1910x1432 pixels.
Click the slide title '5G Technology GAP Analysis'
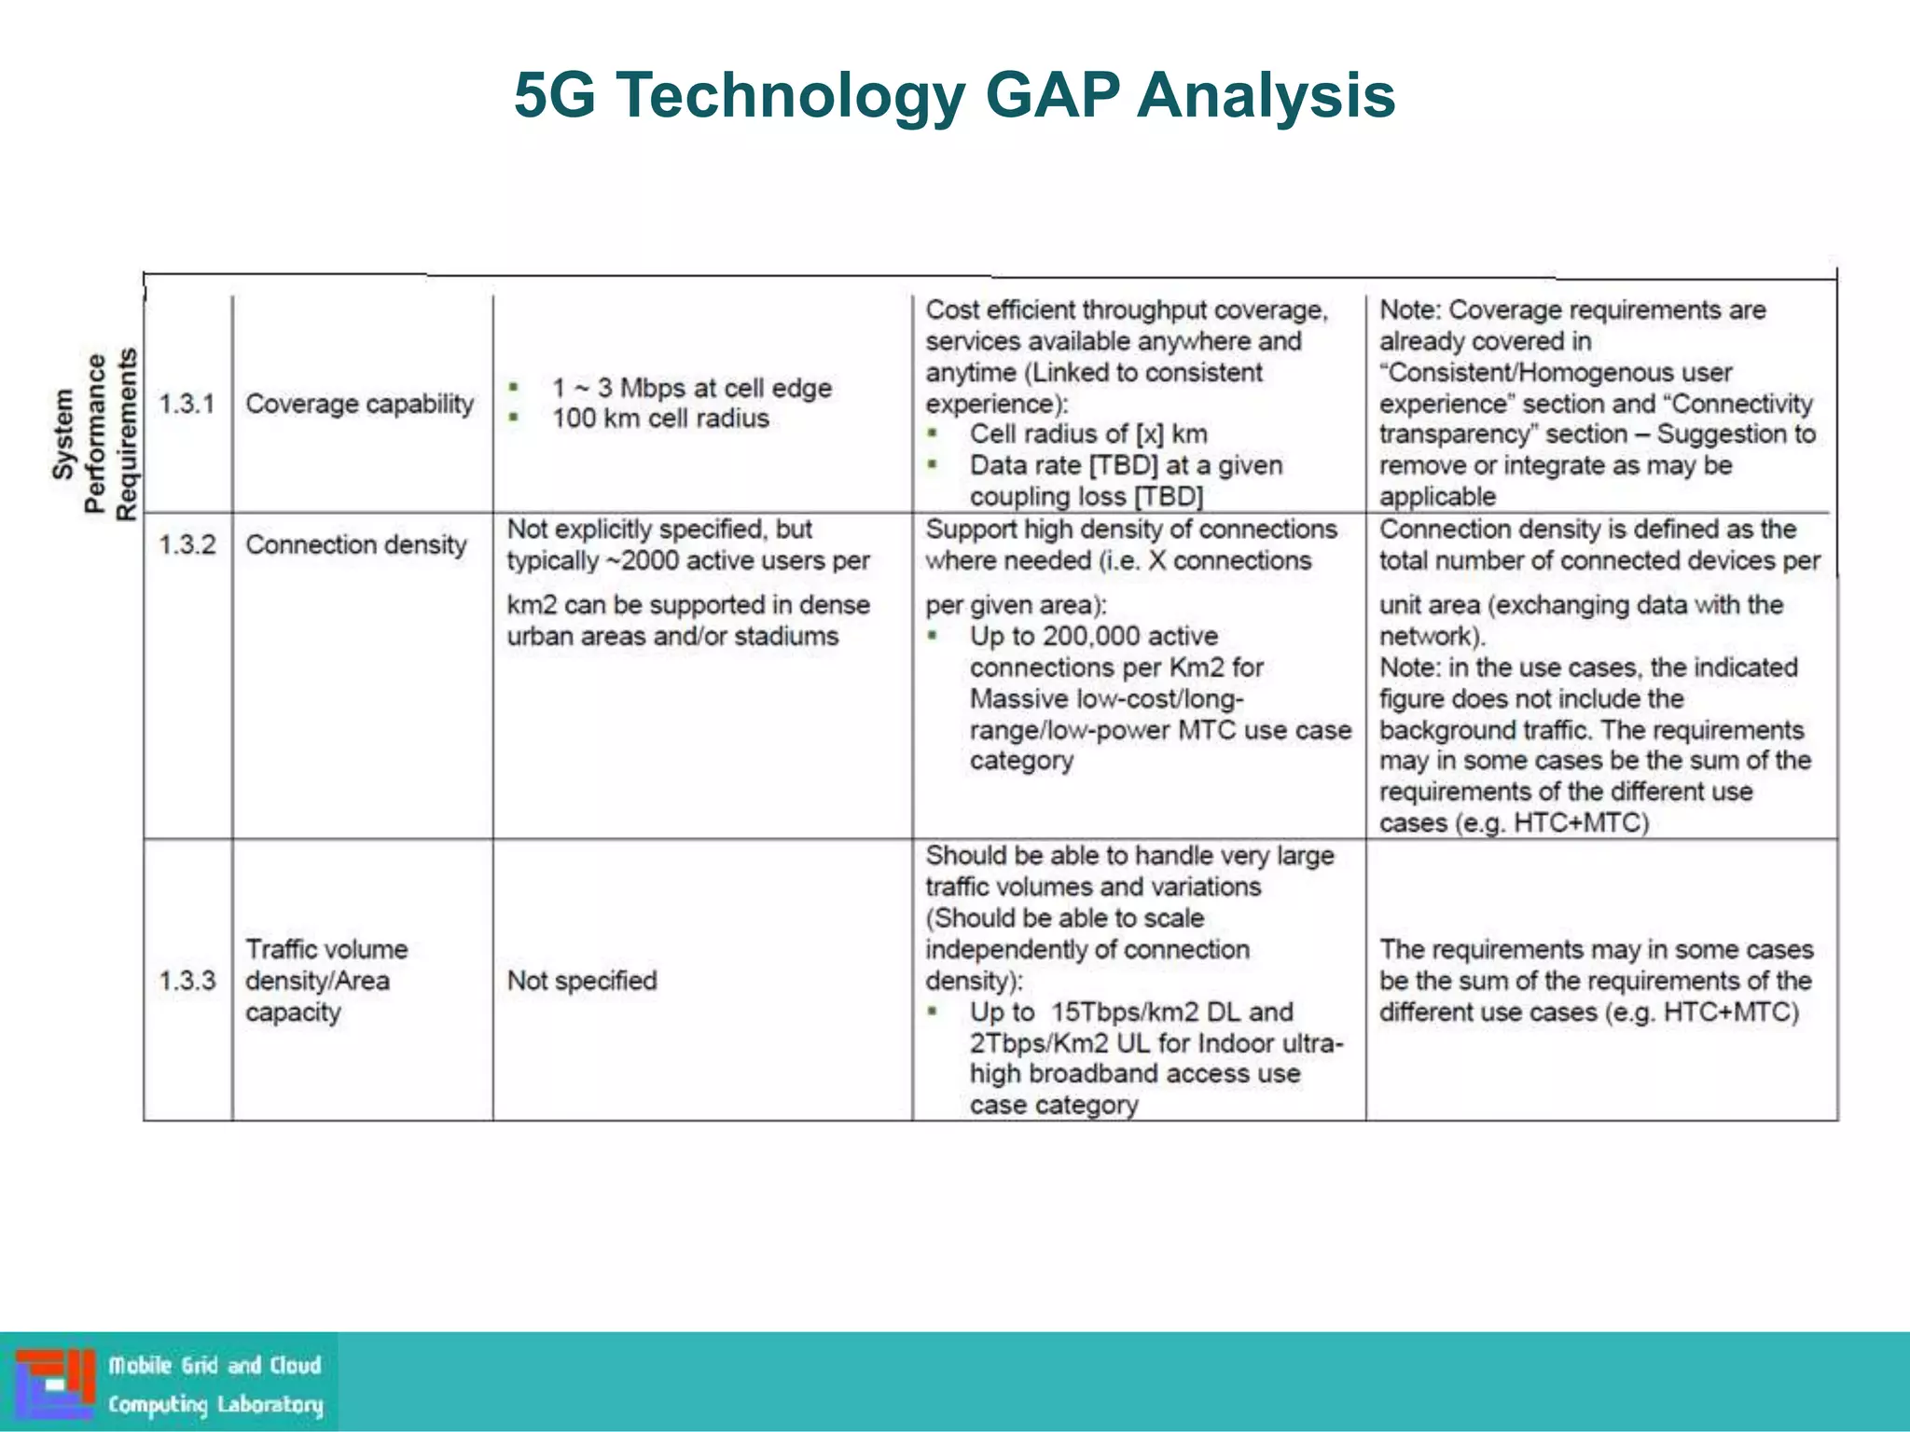[954, 95]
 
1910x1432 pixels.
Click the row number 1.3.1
[187, 404]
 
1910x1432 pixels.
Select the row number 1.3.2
[187, 544]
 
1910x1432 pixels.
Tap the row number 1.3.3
[187, 981]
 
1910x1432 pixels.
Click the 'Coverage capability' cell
[359, 404]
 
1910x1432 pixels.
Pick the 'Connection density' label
[355, 544]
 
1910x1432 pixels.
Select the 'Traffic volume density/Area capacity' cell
[325, 981]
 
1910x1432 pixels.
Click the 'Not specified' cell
[581, 981]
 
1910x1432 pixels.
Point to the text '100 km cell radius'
[660, 419]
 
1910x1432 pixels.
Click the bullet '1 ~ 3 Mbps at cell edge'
[691, 388]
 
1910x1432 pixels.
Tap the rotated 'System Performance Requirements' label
[95, 434]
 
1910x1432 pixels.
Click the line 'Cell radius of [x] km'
[1087, 434]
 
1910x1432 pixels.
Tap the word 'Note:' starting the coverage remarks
[1410, 310]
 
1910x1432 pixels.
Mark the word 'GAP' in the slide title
[1052, 95]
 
